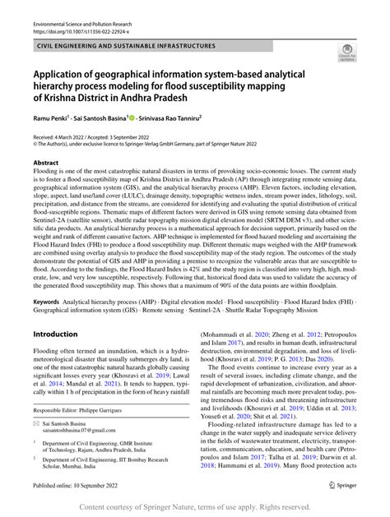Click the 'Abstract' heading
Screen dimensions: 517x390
[47, 163]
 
